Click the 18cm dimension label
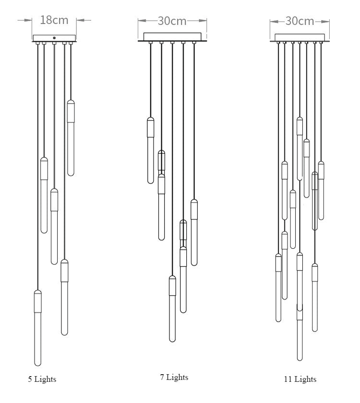(54, 20)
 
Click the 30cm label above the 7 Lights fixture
(172, 21)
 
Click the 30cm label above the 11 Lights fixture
(300, 21)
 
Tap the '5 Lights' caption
(42, 379)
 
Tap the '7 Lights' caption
(174, 378)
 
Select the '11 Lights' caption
(300, 379)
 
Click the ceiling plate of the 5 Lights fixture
(54, 38)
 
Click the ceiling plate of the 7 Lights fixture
(172, 37)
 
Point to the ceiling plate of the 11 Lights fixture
(300, 37)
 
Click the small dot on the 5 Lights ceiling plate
(54, 37)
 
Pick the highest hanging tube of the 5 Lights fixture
(71, 137)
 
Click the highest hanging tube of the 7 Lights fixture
(151, 150)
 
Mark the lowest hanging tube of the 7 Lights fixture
(172, 307)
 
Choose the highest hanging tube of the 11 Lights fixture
(300, 148)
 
